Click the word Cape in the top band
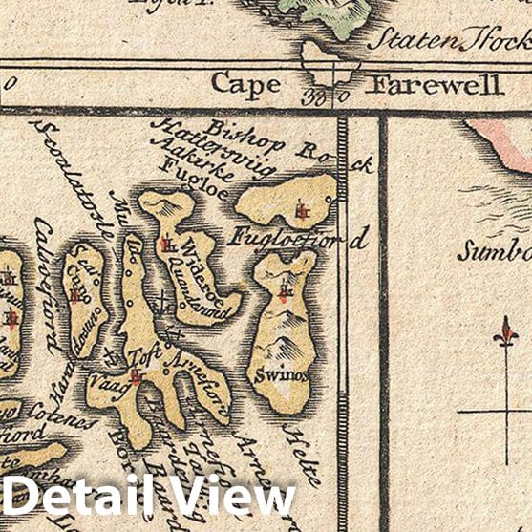coord(246,83)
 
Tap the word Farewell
coord(436,84)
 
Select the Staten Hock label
coord(449,40)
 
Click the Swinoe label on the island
coord(281,375)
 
